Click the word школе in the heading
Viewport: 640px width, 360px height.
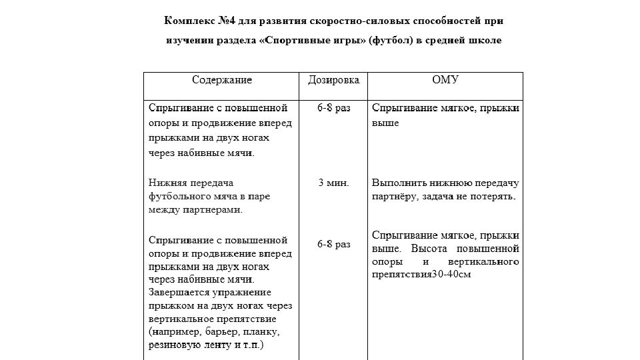485,41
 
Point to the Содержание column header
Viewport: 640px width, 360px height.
222,81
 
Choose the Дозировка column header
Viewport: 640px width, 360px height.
333,81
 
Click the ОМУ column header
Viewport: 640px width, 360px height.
446,81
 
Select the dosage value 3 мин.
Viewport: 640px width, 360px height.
333,183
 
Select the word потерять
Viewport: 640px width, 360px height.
494,197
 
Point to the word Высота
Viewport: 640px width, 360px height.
427,249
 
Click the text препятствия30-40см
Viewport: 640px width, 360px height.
421,275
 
